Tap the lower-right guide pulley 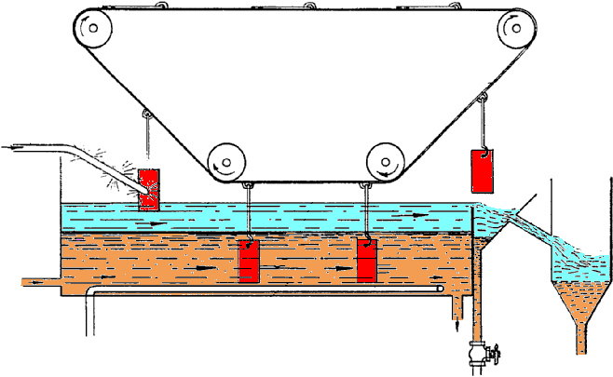(x=385, y=162)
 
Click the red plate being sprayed (x=149, y=190)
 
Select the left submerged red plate (x=249, y=261)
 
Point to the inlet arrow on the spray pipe (x=18, y=147)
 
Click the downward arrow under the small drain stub (x=456, y=326)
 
